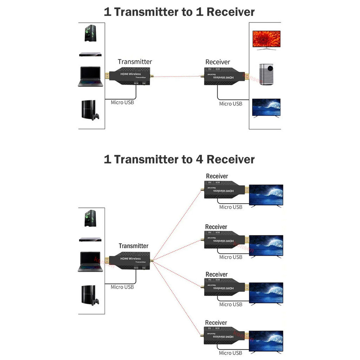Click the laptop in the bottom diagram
pos(90,262)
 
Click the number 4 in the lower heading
pos(198,159)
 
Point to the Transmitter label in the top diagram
pos(135,62)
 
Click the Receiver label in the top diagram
pos(218,62)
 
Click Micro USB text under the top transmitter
pos(122,102)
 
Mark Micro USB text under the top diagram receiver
pos(231,104)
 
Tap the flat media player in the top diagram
pos(90,54)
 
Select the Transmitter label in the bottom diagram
pos(133,246)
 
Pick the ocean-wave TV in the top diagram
pos(266,108)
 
